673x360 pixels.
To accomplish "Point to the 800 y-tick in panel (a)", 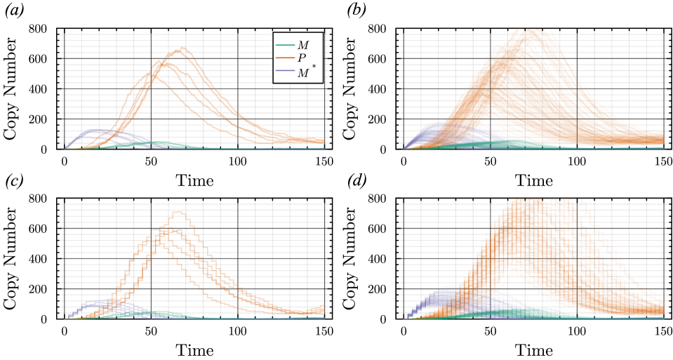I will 43,29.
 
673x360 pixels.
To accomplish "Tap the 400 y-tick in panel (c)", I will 43,259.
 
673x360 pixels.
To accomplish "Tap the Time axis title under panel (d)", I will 533,349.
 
